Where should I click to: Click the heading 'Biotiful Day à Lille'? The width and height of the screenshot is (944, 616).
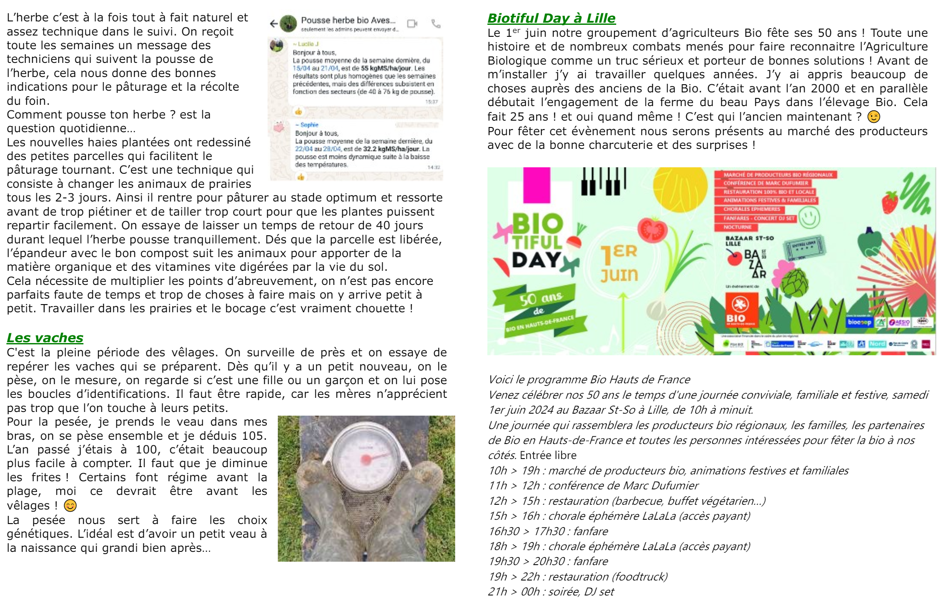[x=551, y=18]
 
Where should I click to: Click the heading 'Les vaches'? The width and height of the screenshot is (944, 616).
[x=45, y=338]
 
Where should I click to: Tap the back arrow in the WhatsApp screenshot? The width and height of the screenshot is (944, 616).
[x=274, y=24]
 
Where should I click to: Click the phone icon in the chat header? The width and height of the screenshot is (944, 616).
[x=436, y=24]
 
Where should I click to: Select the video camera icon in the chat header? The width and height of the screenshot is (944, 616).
[x=412, y=24]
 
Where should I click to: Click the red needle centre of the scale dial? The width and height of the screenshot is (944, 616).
[x=366, y=460]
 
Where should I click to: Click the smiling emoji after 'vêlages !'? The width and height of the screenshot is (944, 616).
[x=70, y=506]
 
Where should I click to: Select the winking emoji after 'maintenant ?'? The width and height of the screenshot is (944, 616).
[x=873, y=117]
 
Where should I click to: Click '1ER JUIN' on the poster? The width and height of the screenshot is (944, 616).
[x=619, y=263]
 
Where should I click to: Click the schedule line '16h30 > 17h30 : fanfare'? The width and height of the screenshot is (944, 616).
[x=548, y=531]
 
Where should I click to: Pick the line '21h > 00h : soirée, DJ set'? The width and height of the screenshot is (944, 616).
[x=551, y=592]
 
